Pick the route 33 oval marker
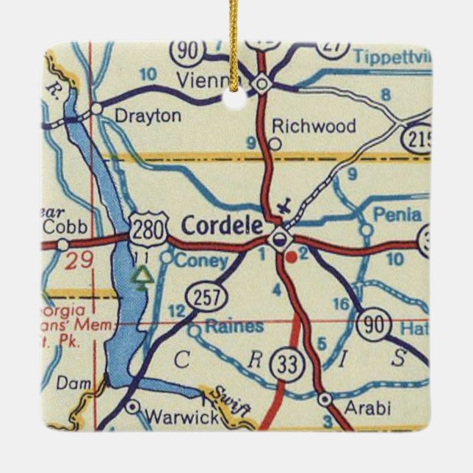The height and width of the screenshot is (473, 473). tap(284, 364)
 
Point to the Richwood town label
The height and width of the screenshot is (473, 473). tap(314, 126)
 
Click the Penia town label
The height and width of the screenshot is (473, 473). tap(397, 215)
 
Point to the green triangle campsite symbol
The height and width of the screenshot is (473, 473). tap(143, 276)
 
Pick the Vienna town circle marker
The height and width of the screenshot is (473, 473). tap(262, 86)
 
